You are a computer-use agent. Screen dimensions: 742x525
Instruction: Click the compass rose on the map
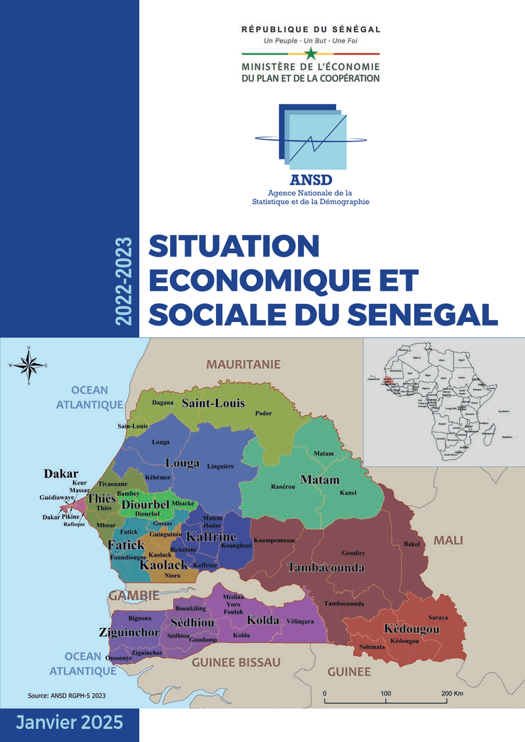pyautogui.click(x=29, y=365)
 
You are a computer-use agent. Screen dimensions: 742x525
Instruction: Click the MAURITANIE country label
pyautogui.click(x=243, y=364)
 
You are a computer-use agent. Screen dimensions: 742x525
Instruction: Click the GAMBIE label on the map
pyautogui.click(x=134, y=596)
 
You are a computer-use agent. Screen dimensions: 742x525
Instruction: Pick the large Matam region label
pyautogui.click(x=320, y=480)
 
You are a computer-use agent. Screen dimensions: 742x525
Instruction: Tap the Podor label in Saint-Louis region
pyautogui.click(x=263, y=414)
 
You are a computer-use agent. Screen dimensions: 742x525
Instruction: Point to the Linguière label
pyautogui.click(x=220, y=466)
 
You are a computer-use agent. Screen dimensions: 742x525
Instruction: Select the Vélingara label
pyautogui.click(x=300, y=621)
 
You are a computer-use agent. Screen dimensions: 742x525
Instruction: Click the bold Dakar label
pyautogui.click(x=61, y=473)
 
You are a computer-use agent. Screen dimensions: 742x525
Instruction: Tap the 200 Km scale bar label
pyautogui.click(x=453, y=693)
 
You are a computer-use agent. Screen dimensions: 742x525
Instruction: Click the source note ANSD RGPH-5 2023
pyautogui.click(x=68, y=694)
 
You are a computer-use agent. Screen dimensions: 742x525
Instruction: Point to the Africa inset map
pyautogui.click(x=444, y=402)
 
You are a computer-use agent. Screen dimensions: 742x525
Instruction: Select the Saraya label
pyautogui.click(x=438, y=617)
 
